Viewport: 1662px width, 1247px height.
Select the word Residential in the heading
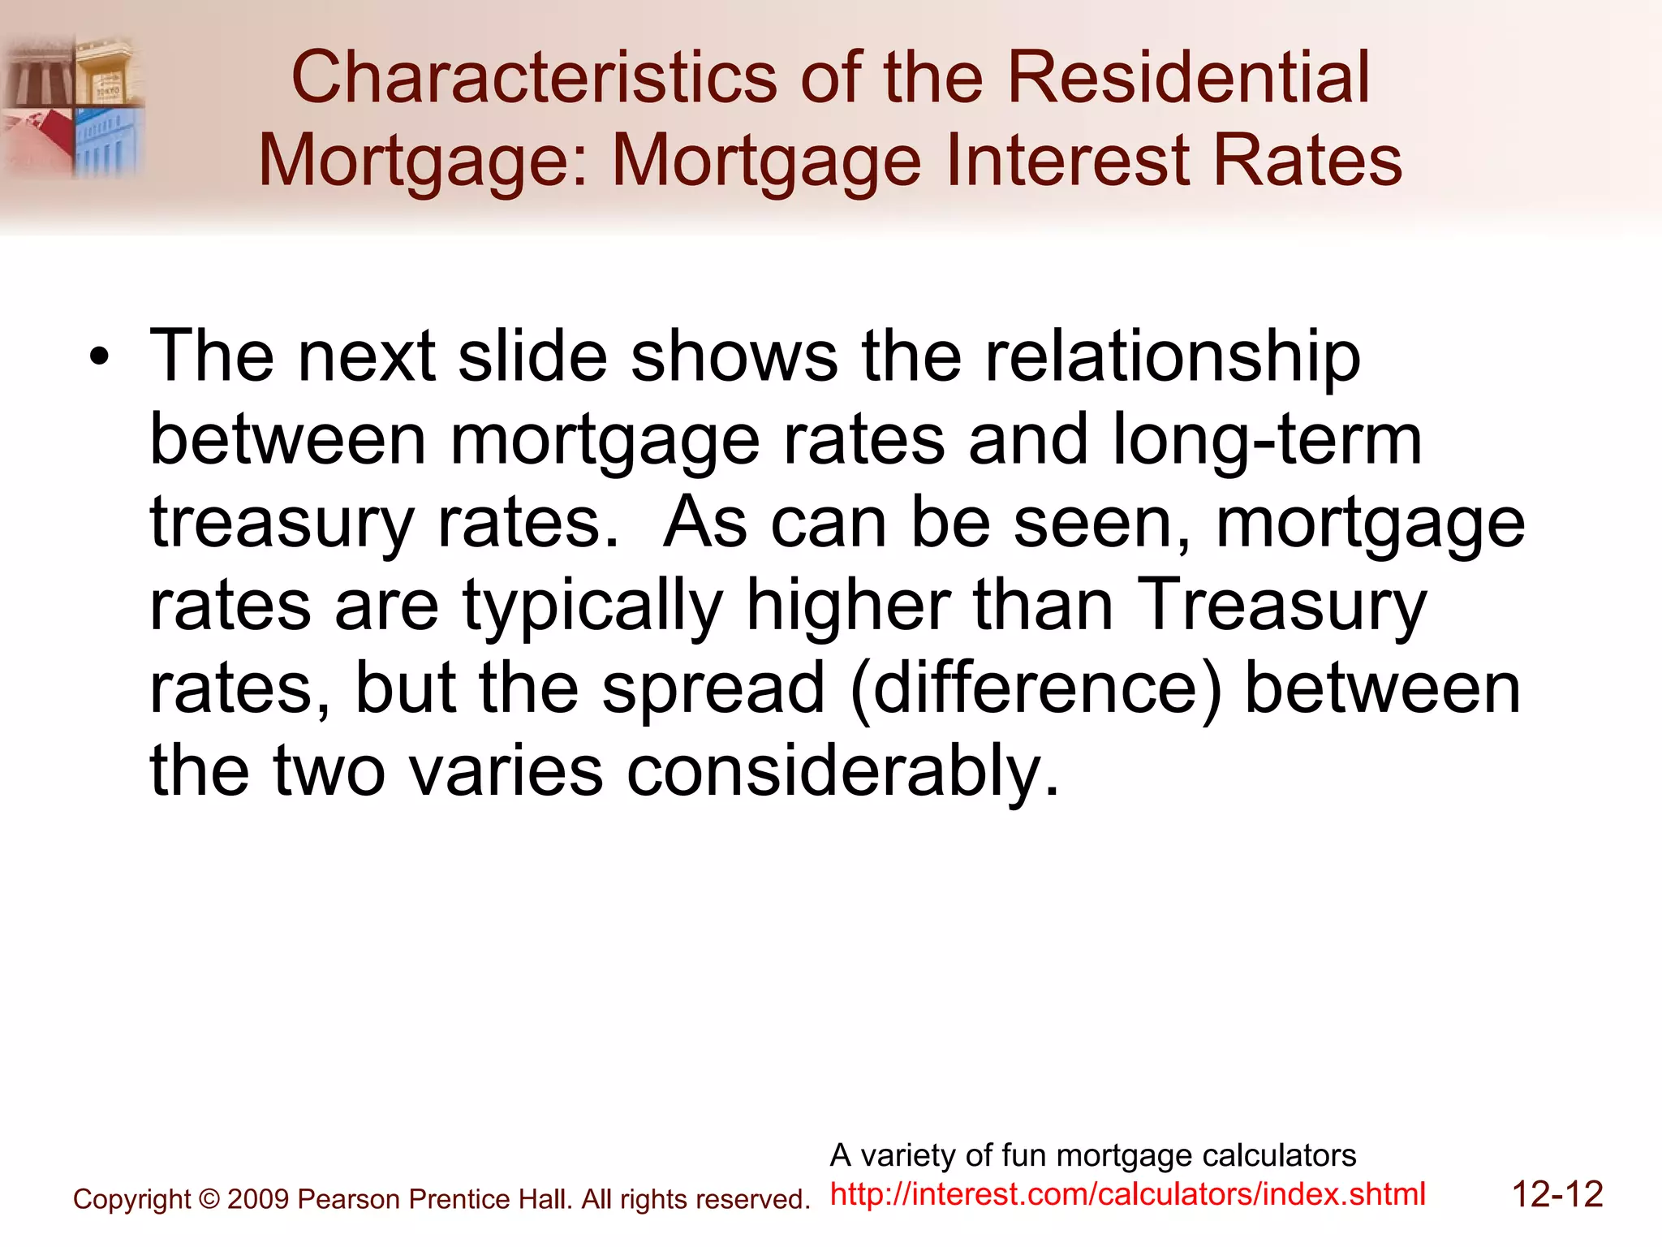(x=1188, y=78)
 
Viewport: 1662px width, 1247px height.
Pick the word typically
(x=592, y=606)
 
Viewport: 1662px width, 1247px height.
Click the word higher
(x=847, y=606)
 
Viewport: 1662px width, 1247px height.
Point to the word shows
(x=734, y=357)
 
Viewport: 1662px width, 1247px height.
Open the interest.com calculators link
(x=1127, y=1194)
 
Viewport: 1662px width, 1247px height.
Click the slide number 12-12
(x=1557, y=1195)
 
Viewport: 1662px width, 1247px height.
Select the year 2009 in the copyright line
(x=258, y=1199)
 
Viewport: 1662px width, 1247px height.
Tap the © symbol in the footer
(x=209, y=1199)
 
